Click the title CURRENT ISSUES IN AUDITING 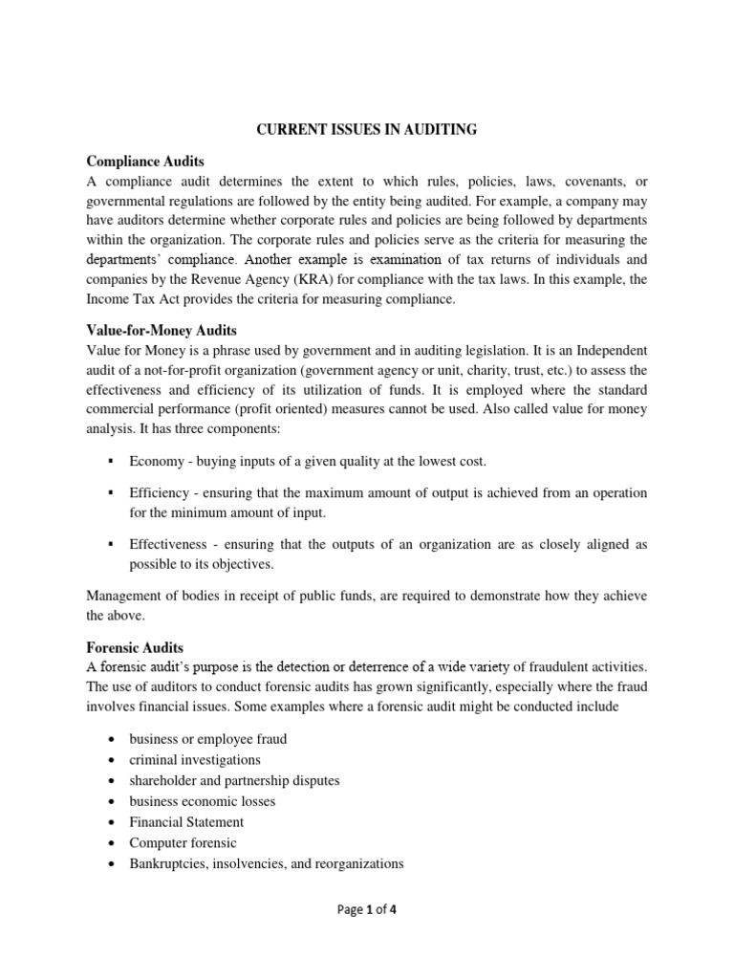(x=367, y=129)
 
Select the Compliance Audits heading (x=145, y=163)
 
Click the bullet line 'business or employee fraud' (x=208, y=739)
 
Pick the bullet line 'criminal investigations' (x=195, y=759)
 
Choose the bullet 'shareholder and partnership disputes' (x=234, y=780)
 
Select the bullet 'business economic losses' (x=203, y=801)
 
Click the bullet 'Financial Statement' (x=186, y=821)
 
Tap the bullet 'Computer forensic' (x=183, y=842)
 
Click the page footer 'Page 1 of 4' (x=367, y=910)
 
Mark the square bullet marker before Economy (x=112, y=461)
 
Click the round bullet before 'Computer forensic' (x=113, y=843)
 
